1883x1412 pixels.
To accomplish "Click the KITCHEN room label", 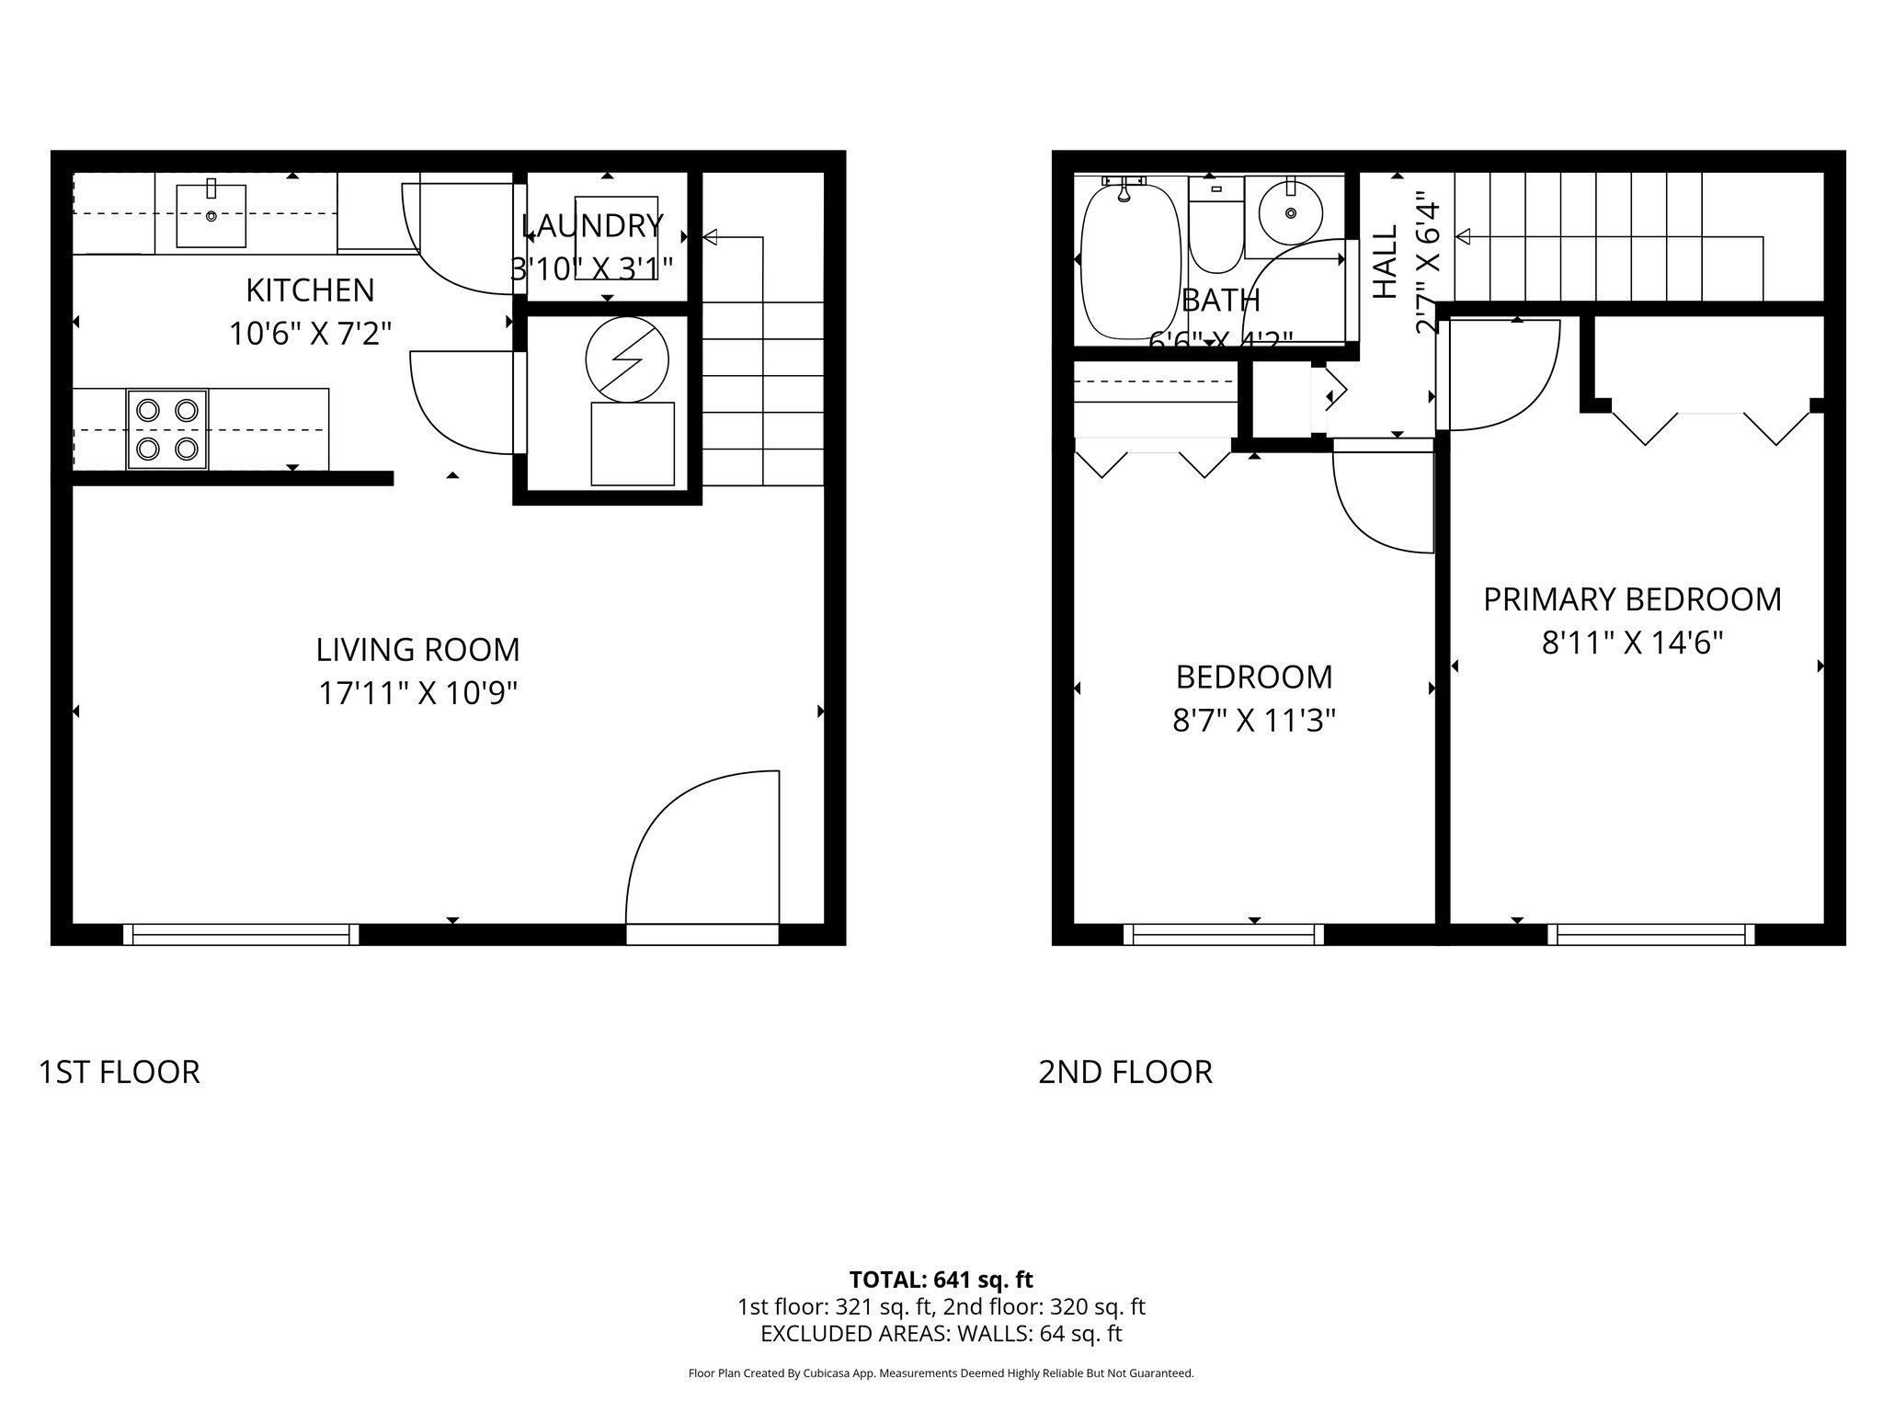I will pos(310,290).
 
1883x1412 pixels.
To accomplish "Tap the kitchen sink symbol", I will pos(211,216).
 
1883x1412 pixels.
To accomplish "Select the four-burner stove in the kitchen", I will pos(167,429).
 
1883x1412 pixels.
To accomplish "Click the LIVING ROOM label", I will pos(417,650).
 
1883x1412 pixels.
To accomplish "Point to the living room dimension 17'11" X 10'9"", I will pos(417,692).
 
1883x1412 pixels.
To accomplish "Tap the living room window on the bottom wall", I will pos(241,934).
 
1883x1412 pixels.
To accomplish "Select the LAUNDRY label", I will pos(592,225).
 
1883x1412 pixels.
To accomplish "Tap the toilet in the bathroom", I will pos(1215,230).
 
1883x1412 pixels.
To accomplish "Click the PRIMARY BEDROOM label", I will pos(1632,599).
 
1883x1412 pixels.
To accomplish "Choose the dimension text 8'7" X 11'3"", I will pos(1253,721).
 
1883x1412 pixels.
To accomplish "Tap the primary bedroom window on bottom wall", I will pos(1651,934).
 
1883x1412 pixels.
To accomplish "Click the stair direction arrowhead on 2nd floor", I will pos(1463,237).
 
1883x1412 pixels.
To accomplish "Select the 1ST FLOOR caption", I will pos(120,1072).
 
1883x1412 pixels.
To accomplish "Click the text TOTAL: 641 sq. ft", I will pos(941,1280).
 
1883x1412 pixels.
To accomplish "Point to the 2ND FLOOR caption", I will pos(1124,1072).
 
